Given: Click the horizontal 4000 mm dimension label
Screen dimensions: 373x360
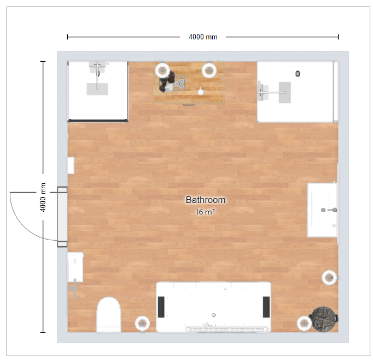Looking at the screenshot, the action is click(203, 37).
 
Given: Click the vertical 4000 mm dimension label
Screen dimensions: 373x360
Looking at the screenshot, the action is click(43, 198).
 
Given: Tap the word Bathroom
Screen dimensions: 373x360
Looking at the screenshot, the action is click(206, 200).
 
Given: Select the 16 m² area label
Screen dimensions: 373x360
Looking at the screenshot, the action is click(205, 212).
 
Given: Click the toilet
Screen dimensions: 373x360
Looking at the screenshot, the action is click(109, 315).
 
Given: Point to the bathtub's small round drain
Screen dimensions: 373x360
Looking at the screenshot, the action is click(214, 315).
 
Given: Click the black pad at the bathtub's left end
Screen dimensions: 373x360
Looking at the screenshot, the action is click(161, 307).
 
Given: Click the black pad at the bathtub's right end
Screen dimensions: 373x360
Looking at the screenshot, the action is click(266, 307).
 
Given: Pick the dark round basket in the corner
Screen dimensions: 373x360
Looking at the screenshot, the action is click(324, 319).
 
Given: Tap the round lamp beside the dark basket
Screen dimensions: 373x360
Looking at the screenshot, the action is click(304, 323).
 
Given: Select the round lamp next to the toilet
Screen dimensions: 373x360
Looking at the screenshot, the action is click(142, 323).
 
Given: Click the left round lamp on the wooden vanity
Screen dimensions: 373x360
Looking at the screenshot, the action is click(162, 71).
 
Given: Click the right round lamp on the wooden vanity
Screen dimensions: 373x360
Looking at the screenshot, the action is click(209, 71).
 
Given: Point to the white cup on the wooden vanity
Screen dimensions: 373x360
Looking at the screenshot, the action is click(201, 91).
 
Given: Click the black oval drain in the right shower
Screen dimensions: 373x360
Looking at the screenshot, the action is click(298, 74).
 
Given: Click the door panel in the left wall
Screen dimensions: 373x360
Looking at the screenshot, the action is click(62, 217).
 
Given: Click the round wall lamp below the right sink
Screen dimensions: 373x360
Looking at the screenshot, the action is click(329, 277).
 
